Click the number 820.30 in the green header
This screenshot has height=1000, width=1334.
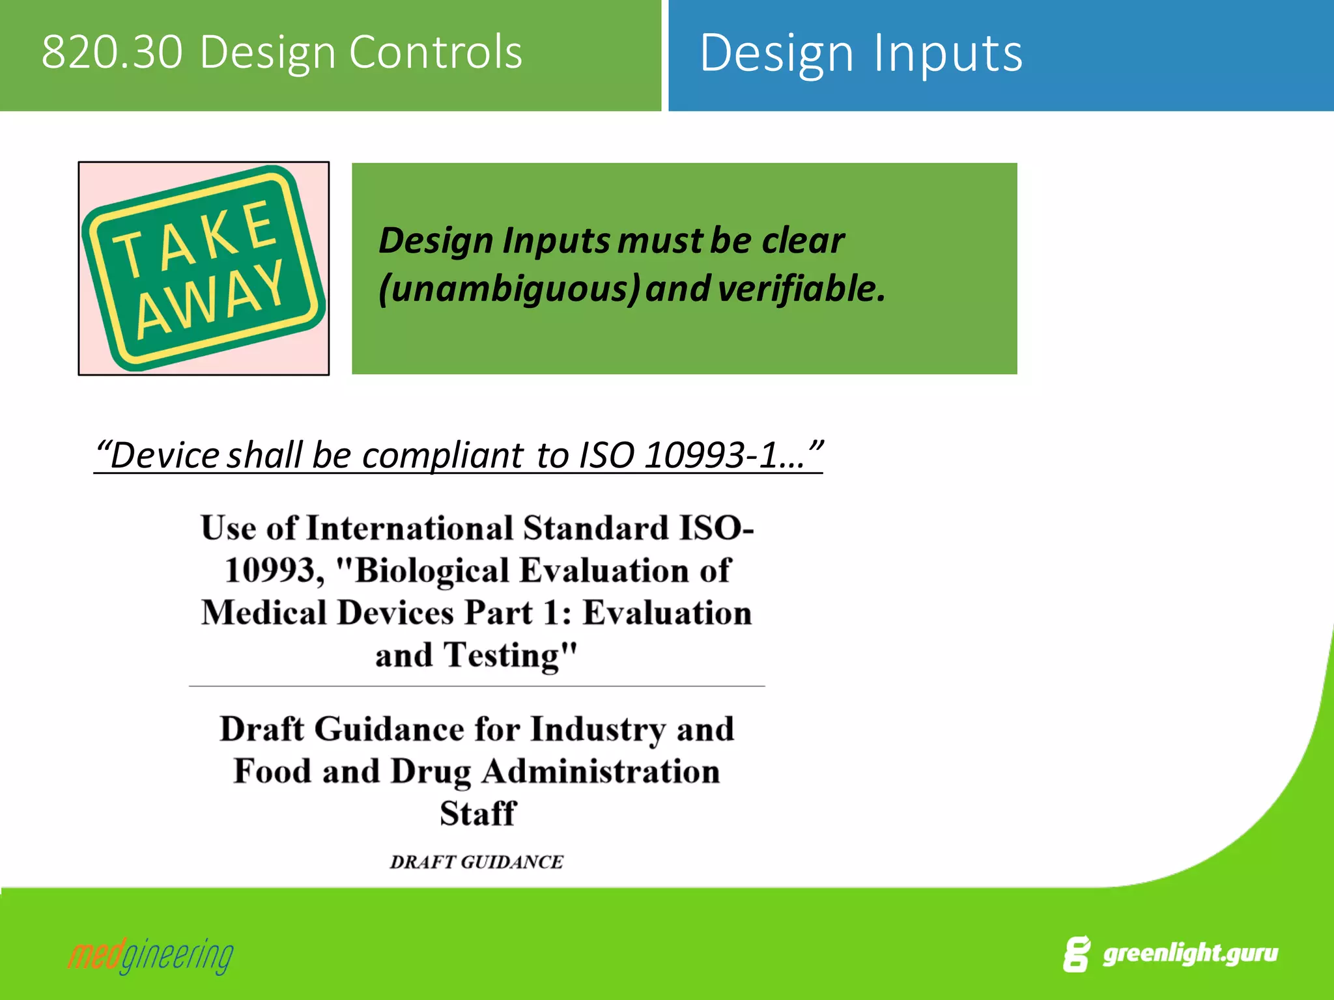(x=111, y=52)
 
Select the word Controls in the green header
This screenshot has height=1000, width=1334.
(x=436, y=52)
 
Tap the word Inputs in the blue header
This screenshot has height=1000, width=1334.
(x=948, y=53)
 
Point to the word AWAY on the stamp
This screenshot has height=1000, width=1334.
(x=210, y=299)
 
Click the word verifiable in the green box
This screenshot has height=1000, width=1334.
(x=801, y=288)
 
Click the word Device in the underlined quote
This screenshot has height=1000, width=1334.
(x=165, y=455)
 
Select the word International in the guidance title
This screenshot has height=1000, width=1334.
(x=410, y=528)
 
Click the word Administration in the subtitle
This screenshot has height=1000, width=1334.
(x=601, y=771)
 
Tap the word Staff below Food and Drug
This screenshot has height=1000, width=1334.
(x=477, y=814)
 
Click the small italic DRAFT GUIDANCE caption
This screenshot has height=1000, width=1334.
(x=477, y=862)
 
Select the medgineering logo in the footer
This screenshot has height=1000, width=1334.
(x=150, y=956)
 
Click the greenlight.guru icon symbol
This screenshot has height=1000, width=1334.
(x=1076, y=954)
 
